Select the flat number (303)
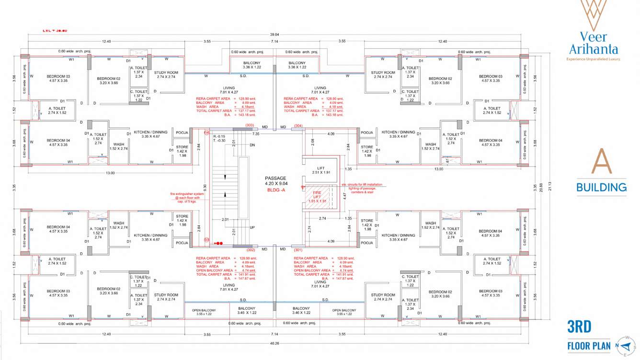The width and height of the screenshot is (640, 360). coord(250,125)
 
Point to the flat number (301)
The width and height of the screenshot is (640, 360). coord(298,250)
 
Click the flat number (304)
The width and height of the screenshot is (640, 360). coord(298,125)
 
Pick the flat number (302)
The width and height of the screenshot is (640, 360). coord(250,250)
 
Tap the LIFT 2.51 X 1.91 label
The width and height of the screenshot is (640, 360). coord(321,170)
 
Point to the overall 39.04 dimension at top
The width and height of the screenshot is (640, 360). coord(274,34)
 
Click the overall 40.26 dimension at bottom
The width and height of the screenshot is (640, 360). coord(274,343)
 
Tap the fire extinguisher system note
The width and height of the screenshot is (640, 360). coord(187,198)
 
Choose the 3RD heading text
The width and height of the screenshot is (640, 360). coord(579,327)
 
